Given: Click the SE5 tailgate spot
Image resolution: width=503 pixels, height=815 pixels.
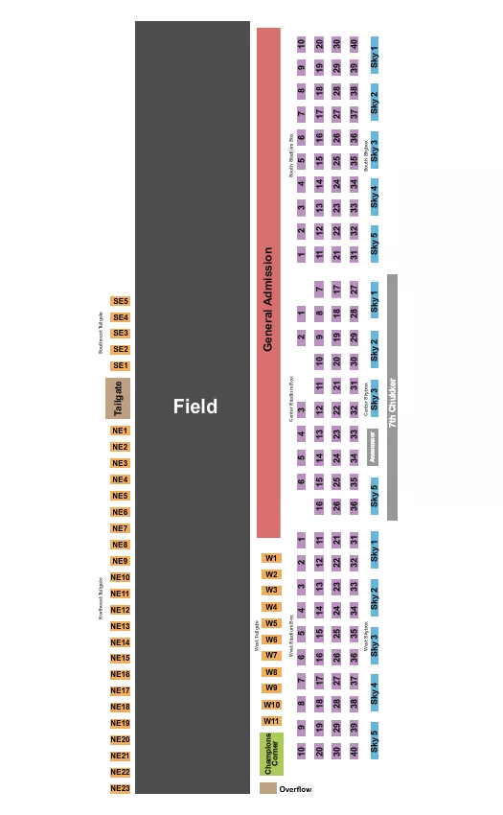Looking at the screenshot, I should (x=120, y=301).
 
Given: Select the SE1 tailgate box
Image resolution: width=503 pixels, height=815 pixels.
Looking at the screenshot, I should (x=120, y=365).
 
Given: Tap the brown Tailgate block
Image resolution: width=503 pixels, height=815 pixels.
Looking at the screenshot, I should (x=119, y=398).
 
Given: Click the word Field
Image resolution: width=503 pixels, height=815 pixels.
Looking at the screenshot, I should (x=194, y=407).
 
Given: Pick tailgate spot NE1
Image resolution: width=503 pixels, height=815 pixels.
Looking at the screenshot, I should (x=120, y=431).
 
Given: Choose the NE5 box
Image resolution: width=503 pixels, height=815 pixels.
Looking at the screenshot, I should (x=120, y=496).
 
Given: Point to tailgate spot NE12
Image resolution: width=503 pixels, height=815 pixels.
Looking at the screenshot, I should (x=120, y=610).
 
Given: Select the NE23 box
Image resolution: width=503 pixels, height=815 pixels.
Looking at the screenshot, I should (x=120, y=788).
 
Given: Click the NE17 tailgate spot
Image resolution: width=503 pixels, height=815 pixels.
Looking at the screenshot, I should (x=120, y=690).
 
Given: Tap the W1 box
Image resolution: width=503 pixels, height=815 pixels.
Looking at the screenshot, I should (x=272, y=558).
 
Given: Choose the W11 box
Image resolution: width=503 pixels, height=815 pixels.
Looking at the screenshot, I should (x=272, y=721).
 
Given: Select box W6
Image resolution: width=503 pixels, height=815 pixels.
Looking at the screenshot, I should (x=272, y=640).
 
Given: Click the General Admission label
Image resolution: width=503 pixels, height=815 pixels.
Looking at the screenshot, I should (x=268, y=299).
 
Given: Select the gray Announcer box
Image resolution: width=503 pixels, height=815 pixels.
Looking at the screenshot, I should (x=373, y=447).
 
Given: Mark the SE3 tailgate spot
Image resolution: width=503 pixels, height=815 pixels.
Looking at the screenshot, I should (x=120, y=333).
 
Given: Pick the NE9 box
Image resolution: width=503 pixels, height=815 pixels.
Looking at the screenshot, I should (x=120, y=561).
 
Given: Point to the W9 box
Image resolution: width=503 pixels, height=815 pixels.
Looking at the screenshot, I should (x=272, y=688).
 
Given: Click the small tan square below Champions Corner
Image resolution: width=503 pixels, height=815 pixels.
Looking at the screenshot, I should (x=268, y=788).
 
